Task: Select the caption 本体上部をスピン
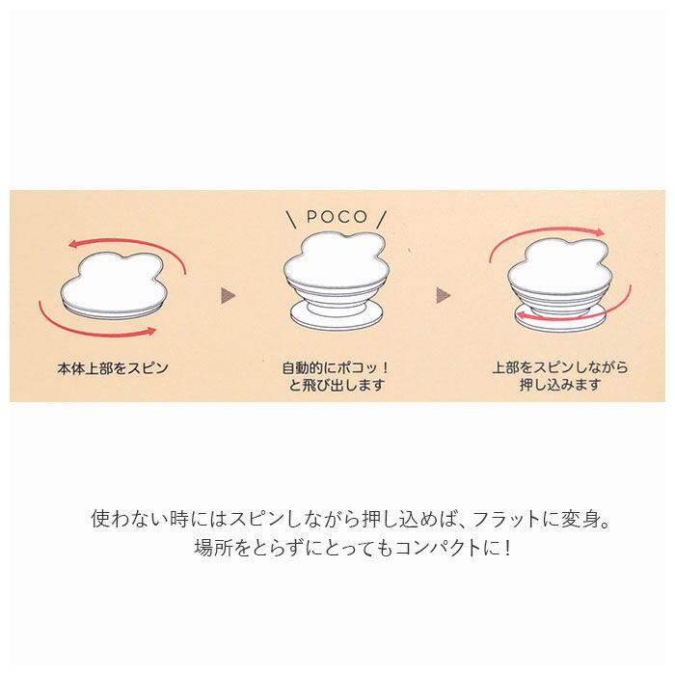click(112, 367)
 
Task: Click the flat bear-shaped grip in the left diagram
click(110, 281)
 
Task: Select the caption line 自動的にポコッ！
click(333, 368)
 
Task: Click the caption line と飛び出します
click(333, 386)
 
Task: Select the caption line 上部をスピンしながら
click(560, 367)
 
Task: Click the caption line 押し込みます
click(560, 386)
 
